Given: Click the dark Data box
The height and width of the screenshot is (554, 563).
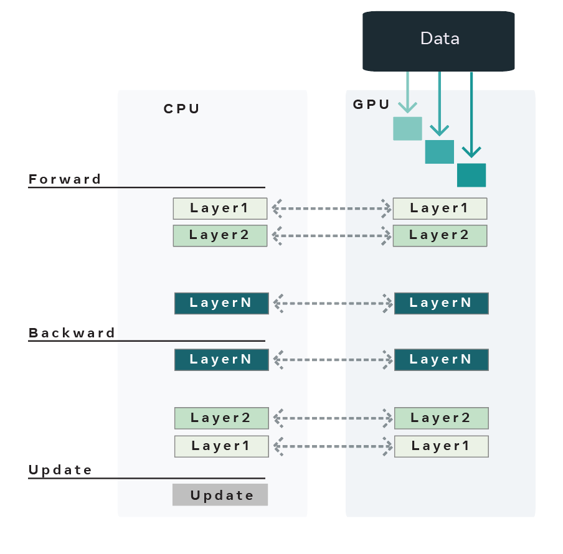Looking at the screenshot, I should tap(438, 40).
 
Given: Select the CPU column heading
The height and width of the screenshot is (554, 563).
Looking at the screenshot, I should tap(182, 109).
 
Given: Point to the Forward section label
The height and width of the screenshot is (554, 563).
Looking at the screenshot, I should tap(65, 179).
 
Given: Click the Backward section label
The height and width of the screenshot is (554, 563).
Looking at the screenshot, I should tap(72, 333).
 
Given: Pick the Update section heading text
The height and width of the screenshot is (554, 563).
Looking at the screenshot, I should tap(60, 470).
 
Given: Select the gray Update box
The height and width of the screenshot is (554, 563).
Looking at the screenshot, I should tap(220, 495).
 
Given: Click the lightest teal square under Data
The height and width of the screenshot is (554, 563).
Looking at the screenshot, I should tap(407, 128).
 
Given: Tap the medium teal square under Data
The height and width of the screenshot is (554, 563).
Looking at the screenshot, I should tap(439, 152).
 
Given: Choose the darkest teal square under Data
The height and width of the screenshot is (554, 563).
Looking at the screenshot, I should tap(471, 175).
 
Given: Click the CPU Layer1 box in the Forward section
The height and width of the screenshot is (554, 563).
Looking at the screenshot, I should tap(220, 209).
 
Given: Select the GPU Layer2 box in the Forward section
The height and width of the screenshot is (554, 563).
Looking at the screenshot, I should tap(440, 235).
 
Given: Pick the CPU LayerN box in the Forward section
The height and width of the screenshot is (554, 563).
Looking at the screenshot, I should tap(221, 303).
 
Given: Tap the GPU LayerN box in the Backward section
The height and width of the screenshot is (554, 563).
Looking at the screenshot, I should tap(441, 360).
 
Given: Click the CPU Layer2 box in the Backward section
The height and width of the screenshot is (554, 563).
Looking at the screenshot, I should tap(221, 418).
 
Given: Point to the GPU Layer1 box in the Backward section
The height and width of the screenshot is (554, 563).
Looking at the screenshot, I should tap(441, 446).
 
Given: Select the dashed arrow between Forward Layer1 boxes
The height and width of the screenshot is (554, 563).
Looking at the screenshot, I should tap(330, 209).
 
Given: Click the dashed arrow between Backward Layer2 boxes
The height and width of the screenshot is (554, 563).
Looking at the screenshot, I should tap(331, 418).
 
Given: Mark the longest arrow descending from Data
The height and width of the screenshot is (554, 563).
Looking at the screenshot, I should tap(471, 115).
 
